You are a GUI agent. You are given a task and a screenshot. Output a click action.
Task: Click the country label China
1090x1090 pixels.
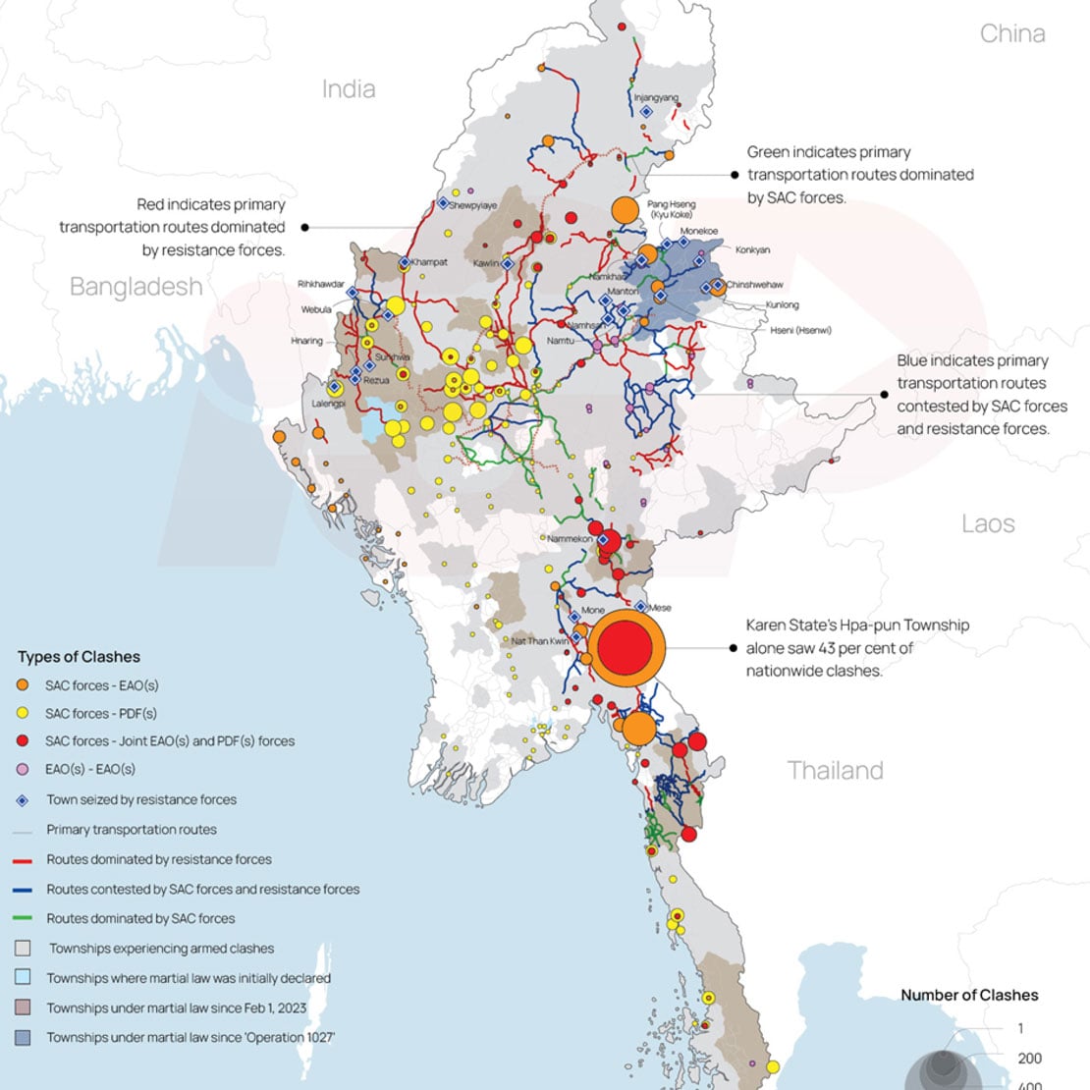click(1011, 33)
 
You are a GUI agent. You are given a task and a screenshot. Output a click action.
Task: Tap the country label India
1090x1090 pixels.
click(349, 89)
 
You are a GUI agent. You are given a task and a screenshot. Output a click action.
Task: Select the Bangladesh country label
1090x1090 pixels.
click(136, 287)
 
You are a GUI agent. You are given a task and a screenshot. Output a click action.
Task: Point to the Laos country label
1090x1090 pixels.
click(988, 523)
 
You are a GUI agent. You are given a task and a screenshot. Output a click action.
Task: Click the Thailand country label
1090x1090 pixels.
click(835, 770)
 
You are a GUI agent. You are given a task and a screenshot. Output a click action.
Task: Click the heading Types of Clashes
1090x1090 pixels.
click(79, 657)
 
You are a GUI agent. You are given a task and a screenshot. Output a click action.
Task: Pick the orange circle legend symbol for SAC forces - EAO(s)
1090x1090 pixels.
click(24, 685)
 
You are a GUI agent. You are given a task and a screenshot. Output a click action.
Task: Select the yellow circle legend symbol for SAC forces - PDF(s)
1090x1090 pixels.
click(24, 714)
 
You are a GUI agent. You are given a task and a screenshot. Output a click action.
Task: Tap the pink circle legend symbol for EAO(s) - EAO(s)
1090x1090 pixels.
click(24, 770)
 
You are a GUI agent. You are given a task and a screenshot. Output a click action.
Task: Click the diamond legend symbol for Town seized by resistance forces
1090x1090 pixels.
click(24, 800)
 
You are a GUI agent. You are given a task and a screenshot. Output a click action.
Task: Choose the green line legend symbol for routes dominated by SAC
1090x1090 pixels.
click(24, 919)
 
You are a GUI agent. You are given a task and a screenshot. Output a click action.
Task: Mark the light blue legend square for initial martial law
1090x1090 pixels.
click(24, 978)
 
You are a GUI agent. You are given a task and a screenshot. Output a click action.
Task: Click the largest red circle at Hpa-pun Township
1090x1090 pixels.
click(627, 648)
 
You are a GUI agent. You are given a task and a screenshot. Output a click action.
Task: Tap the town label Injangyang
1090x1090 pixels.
click(655, 98)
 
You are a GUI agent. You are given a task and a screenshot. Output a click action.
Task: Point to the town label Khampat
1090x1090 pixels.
click(429, 262)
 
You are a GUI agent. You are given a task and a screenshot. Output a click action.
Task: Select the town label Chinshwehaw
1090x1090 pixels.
click(754, 285)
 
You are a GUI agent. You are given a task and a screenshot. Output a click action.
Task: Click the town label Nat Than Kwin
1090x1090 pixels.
click(539, 641)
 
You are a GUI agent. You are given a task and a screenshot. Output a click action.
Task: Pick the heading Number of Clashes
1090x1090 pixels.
click(969, 995)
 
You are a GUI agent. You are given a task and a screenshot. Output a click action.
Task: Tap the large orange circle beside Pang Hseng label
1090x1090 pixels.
click(626, 210)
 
